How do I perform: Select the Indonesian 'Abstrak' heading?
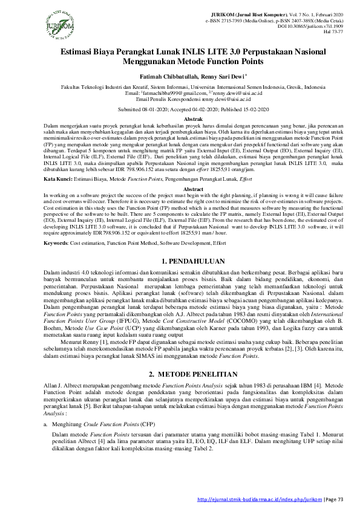point(180,120)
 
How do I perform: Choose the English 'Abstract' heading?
point(180,189)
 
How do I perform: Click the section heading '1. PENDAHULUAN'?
point(180,261)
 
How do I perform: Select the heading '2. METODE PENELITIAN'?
point(180,375)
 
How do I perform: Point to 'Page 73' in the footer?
point(332,499)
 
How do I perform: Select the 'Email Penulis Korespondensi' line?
point(180,99)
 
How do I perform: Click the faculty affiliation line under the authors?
point(180,87)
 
